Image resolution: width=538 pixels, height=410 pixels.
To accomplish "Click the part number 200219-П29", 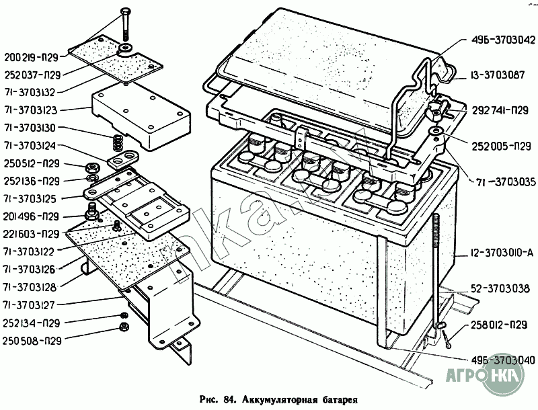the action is (31, 57).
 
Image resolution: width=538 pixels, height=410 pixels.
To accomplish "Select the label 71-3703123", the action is (30, 110).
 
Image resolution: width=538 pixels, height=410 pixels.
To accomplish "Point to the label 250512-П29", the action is (32, 163).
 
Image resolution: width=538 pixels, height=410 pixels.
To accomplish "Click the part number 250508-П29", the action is (32, 341).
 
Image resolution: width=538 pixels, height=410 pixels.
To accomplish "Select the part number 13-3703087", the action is (498, 75).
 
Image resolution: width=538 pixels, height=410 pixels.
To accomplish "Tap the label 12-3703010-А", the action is (502, 253).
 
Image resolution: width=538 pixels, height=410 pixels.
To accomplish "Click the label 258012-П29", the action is (498, 325).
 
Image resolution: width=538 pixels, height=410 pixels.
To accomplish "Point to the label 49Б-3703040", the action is (502, 360).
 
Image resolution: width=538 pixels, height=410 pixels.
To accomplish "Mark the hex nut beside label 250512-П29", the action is (92, 167).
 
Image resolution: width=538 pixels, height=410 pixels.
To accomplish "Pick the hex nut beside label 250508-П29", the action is (123, 327).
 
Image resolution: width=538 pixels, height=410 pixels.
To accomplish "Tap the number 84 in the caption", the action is (229, 399).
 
